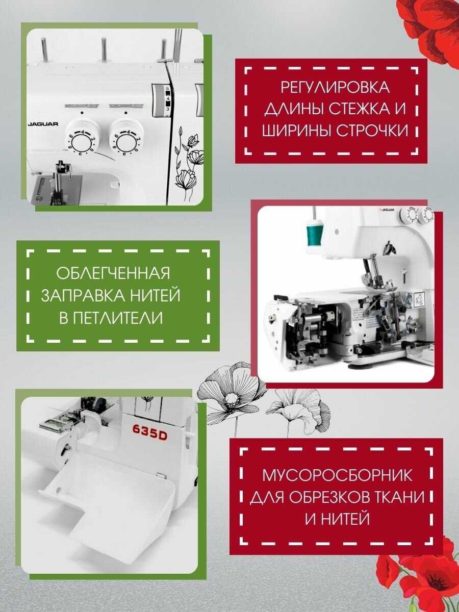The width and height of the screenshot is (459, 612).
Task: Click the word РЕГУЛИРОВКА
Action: pos(335,87)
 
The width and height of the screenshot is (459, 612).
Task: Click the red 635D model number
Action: pos(149,437)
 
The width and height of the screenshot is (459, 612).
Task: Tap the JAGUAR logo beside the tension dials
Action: pos(43,124)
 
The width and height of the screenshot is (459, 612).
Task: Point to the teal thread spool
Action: pos(315,232)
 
